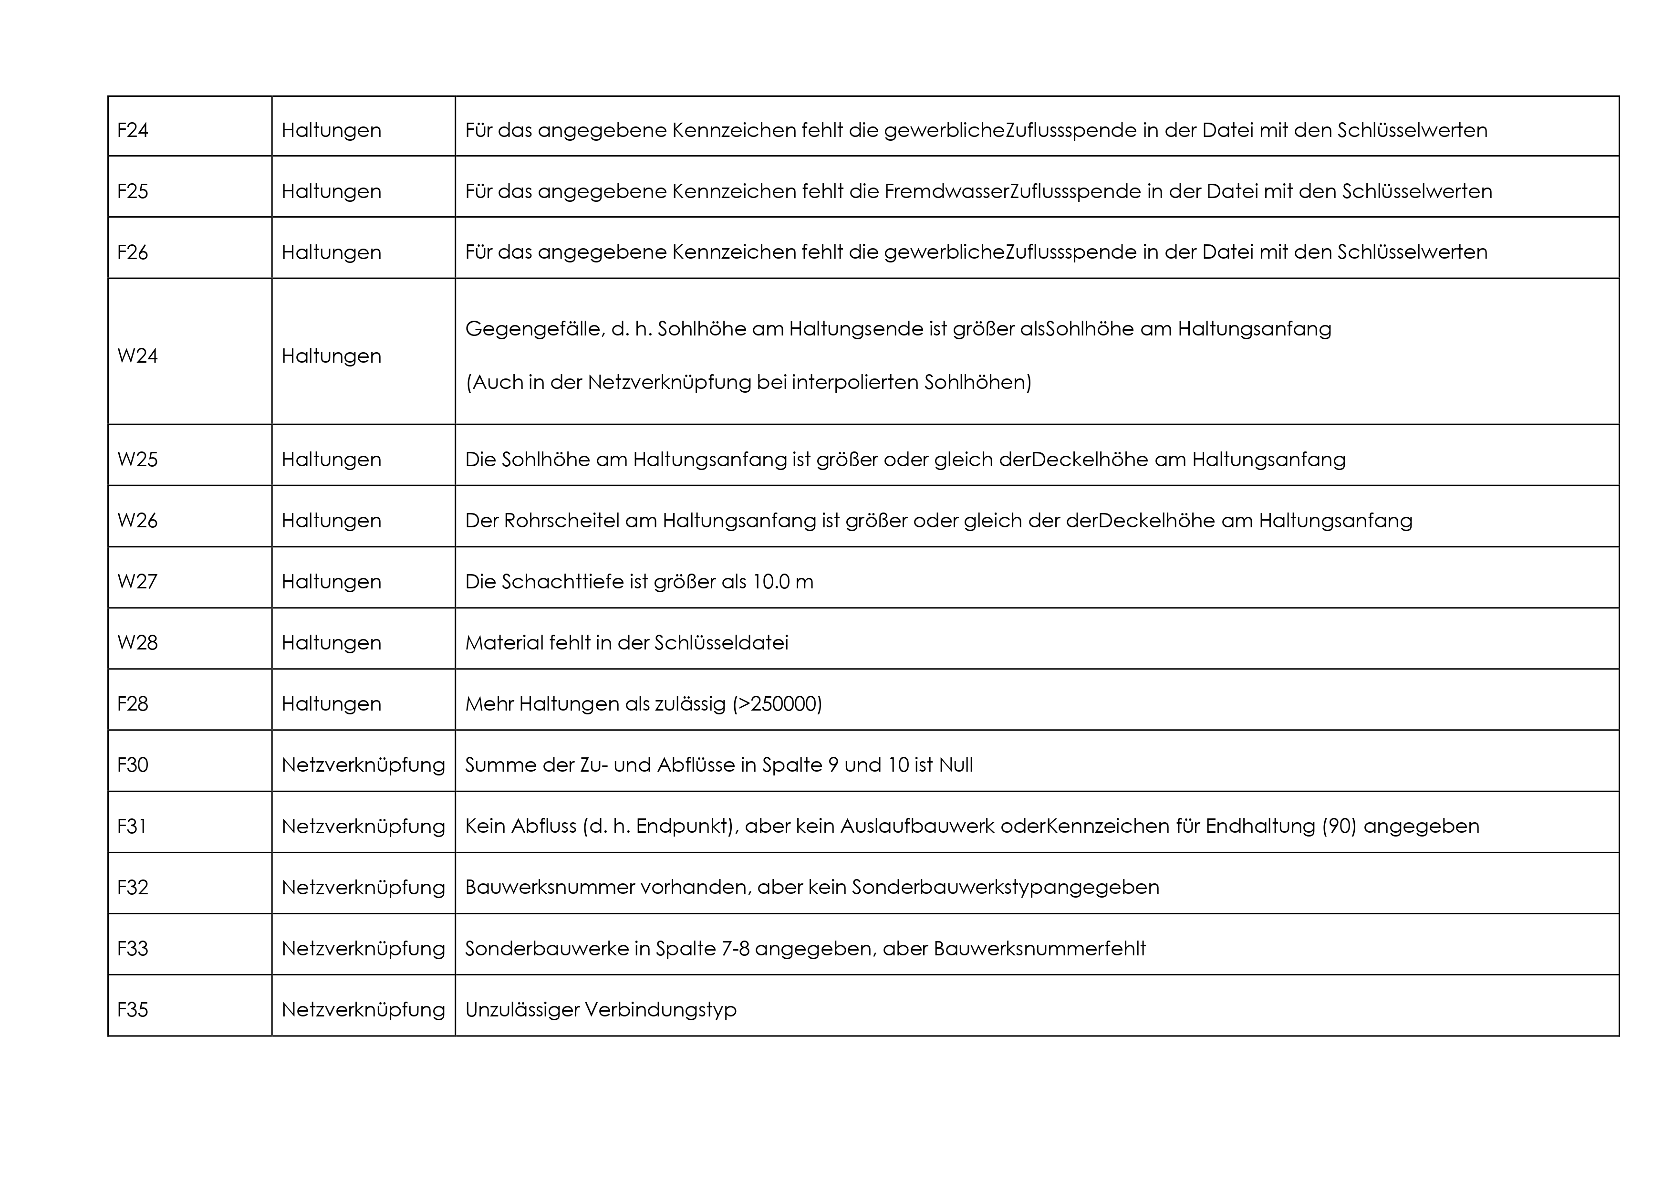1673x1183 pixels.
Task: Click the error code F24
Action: coord(133,130)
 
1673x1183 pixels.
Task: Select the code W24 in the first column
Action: coord(138,356)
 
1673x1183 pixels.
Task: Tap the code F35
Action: coord(133,1009)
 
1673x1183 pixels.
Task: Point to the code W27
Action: coord(138,582)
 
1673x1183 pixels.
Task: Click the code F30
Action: coord(133,764)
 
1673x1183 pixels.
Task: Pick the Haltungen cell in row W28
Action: coord(332,643)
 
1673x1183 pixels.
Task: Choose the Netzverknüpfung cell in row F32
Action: coord(363,887)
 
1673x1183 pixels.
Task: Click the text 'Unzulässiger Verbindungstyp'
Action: coord(601,1009)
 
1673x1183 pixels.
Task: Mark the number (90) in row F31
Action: coord(1339,826)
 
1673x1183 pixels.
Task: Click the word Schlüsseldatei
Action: coord(721,643)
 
